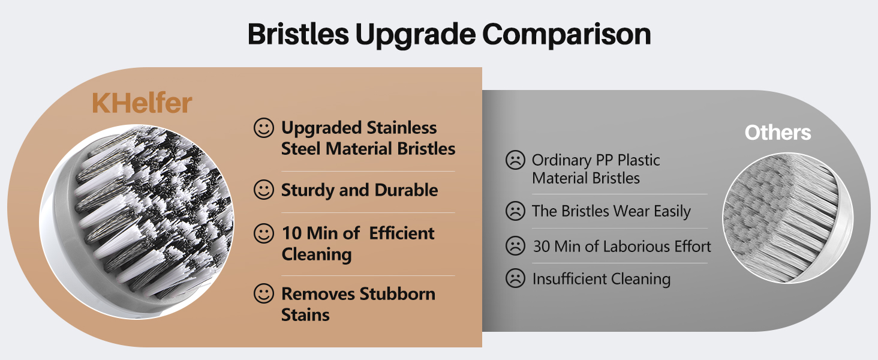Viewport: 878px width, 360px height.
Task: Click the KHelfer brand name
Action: click(x=142, y=103)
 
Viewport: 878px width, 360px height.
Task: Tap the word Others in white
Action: click(x=778, y=133)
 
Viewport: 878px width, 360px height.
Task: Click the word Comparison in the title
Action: click(x=567, y=35)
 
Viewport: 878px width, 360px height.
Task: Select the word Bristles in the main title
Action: click(x=298, y=35)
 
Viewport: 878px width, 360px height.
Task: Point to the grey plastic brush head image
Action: click(x=787, y=218)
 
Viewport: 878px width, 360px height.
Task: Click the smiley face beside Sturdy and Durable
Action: click(x=263, y=190)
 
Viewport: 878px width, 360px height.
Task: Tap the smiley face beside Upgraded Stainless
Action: click(x=263, y=128)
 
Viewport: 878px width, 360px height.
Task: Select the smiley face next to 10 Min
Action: click(x=263, y=233)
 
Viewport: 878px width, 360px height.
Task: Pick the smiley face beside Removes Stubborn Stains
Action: click(x=263, y=294)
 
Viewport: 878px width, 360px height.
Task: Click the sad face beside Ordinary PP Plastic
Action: click(x=515, y=160)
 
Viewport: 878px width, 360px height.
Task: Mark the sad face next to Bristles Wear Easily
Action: click(x=515, y=211)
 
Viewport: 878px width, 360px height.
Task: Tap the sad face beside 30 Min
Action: click(x=515, y=247)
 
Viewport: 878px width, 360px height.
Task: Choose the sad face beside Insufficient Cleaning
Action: click(x=515, y=279)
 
